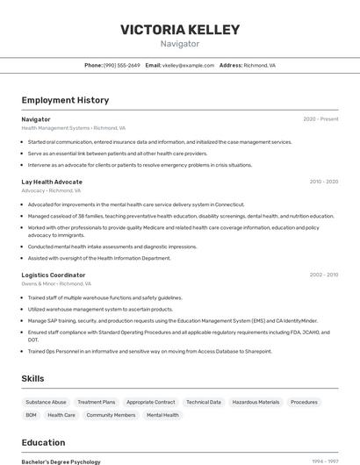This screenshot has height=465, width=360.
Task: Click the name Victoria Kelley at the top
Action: click(180, 30)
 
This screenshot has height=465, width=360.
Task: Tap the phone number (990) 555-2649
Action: click(122, 65)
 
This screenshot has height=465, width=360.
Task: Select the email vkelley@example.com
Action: click(189, 65)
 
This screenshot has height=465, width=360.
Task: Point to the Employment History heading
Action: click(65, 100)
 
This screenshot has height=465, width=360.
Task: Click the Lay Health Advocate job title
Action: click(52, 182)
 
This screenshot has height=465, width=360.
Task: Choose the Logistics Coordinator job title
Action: click(54, 275)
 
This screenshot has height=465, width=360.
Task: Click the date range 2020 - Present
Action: click(320, 119)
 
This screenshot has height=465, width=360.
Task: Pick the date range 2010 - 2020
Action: click(323, 182)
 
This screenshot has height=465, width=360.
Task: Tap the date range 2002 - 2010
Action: click(323, 275)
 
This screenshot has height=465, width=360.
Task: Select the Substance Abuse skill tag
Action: click(47, 402)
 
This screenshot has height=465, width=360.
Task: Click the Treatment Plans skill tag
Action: click(97, 402)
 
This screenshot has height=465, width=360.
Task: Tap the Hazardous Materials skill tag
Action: click(256, 402)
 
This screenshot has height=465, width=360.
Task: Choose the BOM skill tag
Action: click(31, 415)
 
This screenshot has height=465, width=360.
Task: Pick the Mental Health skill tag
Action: click(162, 415)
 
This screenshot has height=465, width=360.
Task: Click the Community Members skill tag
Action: click(111, 415)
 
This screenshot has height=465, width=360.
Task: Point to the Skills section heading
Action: click(33, 378)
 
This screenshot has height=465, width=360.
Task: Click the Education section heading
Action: click(43, 442)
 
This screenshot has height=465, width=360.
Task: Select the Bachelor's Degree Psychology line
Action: click(61, 461)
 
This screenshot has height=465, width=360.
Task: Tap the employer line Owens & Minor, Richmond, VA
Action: click(56, 283)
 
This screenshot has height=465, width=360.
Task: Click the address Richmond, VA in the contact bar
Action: click(259, 65)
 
